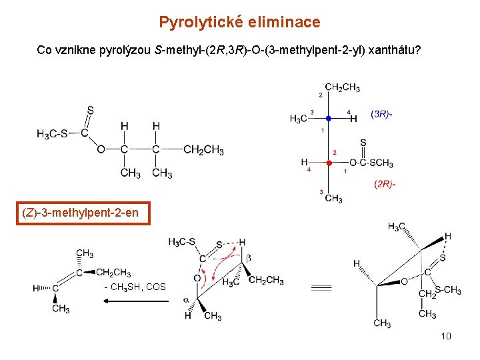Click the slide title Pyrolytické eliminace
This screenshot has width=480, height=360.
pos(239,22)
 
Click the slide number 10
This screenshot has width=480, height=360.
pos(446,336)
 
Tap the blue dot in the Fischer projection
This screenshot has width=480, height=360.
pos(329,118)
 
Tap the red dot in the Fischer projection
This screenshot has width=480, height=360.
pos(329,162)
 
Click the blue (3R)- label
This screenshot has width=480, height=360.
pos(381,114)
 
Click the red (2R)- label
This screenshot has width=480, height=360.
pos(385,184)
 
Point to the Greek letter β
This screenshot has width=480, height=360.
pos(249,257)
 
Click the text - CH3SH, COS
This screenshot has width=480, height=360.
pos(135,287)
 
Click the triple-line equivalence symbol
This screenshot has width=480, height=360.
pos(322,287)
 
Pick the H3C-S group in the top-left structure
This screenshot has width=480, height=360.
pos(52,134)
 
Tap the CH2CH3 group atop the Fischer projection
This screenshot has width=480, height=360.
pos(343,88)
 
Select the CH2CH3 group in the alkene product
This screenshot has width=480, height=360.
pos(114,272)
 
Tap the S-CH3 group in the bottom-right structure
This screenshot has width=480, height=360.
pos(447,290)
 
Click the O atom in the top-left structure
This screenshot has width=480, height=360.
pos(101,149)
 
